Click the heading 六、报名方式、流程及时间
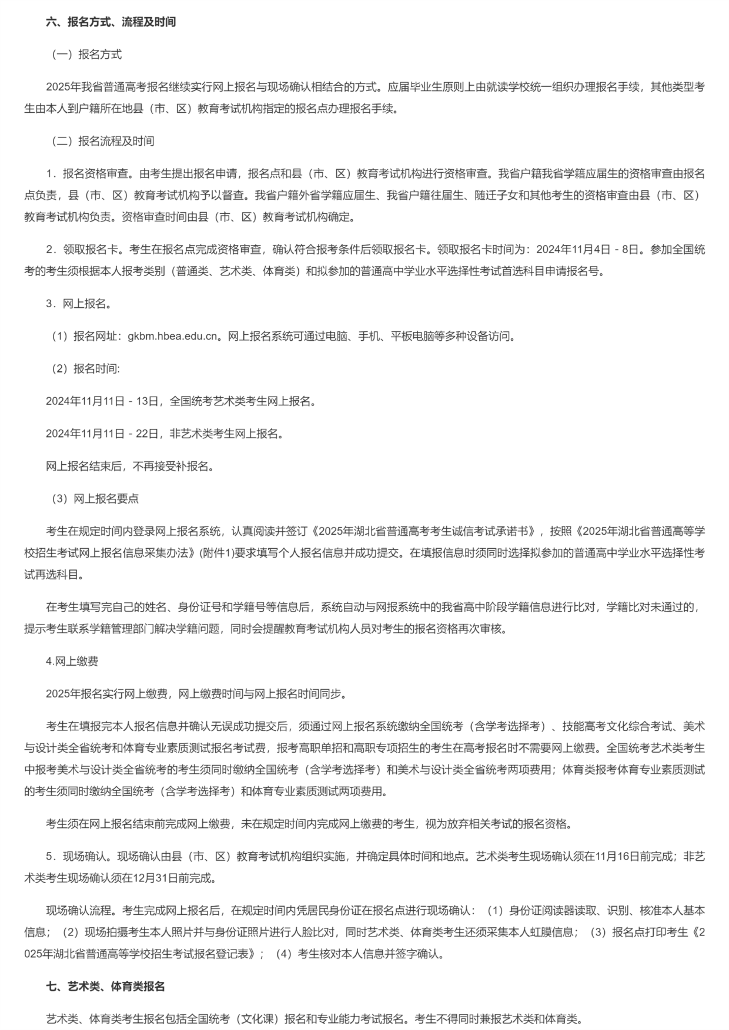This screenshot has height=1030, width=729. (111, 22)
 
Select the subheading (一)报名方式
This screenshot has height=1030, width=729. (86, 55)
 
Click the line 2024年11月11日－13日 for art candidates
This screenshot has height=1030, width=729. (181, 401)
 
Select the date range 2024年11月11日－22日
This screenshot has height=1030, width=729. (102, 434)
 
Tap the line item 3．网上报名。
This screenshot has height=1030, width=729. (79, 304)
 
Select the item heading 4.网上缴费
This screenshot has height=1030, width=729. (72, 662)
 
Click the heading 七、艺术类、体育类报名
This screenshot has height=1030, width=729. (105, 987)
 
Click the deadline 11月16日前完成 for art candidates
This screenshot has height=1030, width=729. (631, 857)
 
